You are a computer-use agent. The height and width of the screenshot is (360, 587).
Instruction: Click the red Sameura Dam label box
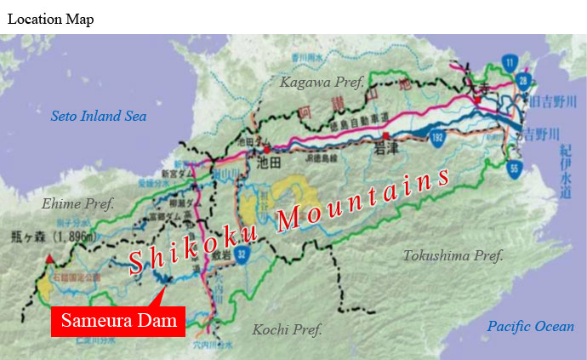click(117, 320)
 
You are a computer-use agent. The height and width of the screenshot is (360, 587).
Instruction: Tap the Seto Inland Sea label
click(99, 117)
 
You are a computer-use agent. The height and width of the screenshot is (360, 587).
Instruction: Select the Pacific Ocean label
click(530, 326)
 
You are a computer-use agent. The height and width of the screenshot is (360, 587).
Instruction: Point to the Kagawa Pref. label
click(322, 82)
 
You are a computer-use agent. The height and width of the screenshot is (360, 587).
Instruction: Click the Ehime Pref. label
click(77, 203)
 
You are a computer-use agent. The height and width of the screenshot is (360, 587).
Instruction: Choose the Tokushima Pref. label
click(453, 255)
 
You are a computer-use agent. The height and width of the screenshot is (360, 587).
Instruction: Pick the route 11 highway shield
click(510, 60)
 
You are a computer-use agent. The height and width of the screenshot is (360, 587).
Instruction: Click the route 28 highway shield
click(521, 81)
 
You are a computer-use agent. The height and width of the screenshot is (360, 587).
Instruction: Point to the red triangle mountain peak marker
click(49, 257)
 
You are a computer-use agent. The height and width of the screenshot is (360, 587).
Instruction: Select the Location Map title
click(50, 20)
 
